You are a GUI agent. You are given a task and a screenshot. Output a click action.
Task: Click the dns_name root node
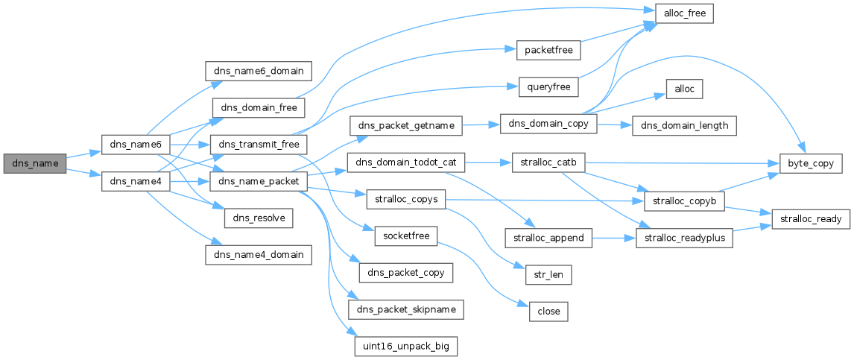[35, 163]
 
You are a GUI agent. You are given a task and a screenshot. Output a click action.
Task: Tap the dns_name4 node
[135, 181]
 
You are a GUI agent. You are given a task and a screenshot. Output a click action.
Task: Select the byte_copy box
[807, 163]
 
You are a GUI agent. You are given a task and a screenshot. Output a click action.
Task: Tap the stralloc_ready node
[807, 219]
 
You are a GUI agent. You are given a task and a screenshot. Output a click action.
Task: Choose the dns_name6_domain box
[258, 71]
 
